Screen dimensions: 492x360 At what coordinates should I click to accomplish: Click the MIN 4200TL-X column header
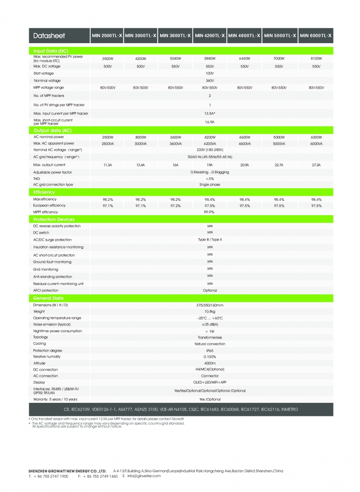210,35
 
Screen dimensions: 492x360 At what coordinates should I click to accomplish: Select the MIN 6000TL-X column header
316,35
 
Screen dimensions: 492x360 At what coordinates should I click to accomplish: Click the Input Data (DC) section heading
50,51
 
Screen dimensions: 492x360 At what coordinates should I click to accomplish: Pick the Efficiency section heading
44,192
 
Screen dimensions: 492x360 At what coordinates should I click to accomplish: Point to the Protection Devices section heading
54,219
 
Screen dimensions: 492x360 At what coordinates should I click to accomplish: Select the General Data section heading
48,298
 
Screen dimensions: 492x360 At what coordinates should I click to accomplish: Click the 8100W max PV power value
316,59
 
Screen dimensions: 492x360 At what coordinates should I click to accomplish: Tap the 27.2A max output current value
316,165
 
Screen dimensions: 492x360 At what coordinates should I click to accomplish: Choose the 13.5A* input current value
210,113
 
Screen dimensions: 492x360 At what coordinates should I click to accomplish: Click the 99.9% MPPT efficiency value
210,212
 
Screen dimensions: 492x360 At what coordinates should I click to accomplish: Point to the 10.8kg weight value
210,311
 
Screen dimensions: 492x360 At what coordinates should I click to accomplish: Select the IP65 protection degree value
210,350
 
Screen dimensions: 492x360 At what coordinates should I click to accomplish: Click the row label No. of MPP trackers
49,96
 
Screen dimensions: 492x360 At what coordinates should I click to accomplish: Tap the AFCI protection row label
46,291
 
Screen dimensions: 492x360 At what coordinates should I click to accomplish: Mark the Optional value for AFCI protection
210,291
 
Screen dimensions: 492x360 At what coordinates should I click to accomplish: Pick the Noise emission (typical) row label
52,324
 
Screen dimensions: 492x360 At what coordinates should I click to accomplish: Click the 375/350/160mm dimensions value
210,305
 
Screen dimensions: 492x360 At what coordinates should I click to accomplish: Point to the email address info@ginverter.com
144,476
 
